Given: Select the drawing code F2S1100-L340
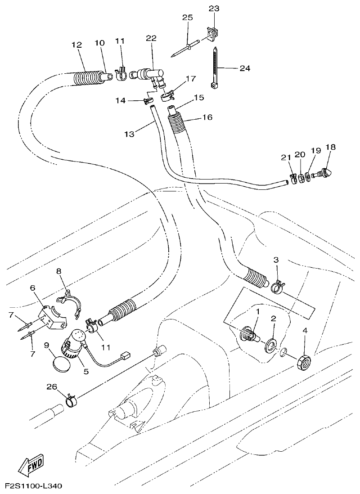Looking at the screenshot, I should click(34, 486).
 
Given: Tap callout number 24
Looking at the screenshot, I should click(245, 68).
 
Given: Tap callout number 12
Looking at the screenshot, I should click(77, 45).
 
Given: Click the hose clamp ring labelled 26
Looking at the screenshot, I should click(70, 399).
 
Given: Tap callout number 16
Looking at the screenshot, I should click(207, 117).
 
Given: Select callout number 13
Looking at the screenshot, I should click(129, 134).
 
